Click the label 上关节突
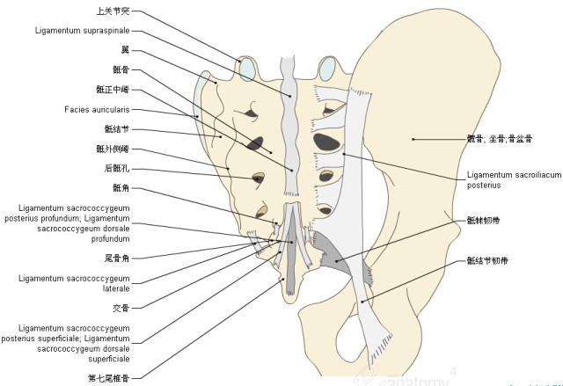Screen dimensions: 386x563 114,13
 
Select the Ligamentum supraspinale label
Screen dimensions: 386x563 82,31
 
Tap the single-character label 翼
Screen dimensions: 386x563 126,49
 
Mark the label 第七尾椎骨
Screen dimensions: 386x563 110,378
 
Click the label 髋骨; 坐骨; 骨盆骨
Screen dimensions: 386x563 499,139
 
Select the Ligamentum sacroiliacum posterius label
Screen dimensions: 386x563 513,180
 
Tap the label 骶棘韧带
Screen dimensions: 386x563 482,221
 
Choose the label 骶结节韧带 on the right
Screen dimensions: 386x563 486,261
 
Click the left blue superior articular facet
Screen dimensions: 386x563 246,68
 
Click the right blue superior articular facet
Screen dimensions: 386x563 327,67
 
